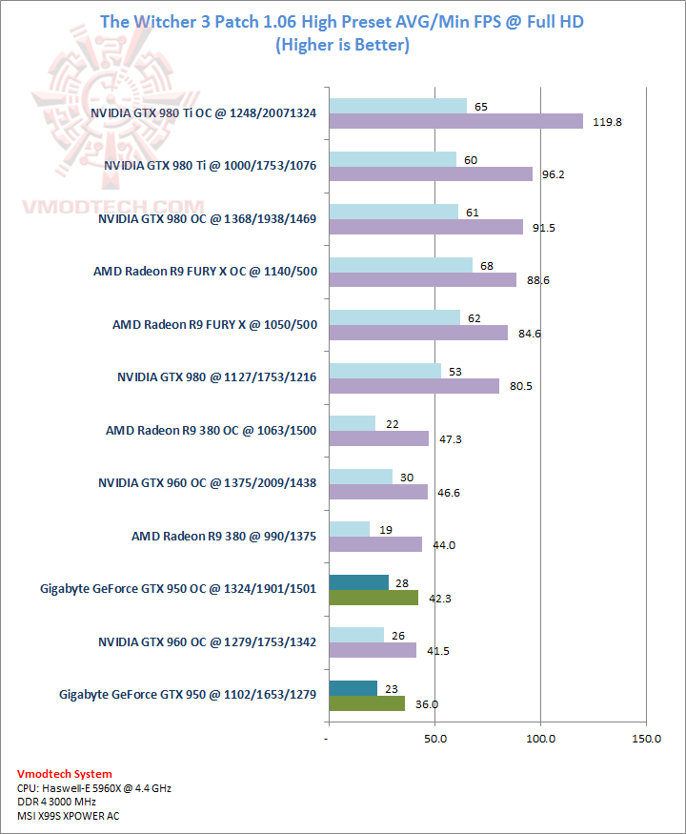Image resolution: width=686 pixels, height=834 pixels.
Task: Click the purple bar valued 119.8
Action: (x=455, y=121)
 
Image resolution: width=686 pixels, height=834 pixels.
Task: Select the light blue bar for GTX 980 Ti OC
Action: (x=397, y=106)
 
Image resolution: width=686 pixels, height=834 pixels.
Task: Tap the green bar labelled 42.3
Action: (x=373, y=598)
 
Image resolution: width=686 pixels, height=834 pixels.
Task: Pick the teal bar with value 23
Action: (x=353, y=688)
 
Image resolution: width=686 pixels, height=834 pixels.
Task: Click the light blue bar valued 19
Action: (x=349, y=529)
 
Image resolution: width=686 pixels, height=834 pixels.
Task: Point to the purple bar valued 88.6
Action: (x=422, y=279)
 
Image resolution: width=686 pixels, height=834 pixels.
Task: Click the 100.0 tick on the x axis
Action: (x=541, y=739)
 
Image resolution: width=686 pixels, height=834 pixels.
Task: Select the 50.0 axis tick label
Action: (x=435, y=739)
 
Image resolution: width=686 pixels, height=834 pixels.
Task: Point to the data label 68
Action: (x=487, y=265)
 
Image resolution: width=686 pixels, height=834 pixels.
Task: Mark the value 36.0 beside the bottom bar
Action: (x=426, y=704)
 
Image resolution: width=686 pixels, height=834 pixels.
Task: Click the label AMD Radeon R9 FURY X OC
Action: (x=205, y=272)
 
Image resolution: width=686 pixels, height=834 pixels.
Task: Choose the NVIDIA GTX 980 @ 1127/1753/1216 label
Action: (x=216, y=377)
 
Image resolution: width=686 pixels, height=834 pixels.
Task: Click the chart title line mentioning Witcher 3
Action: (x=342, y=21)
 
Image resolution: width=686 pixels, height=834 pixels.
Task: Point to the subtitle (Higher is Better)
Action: (x=342, y=45)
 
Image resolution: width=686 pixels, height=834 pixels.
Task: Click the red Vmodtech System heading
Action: (x=64, y=774)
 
